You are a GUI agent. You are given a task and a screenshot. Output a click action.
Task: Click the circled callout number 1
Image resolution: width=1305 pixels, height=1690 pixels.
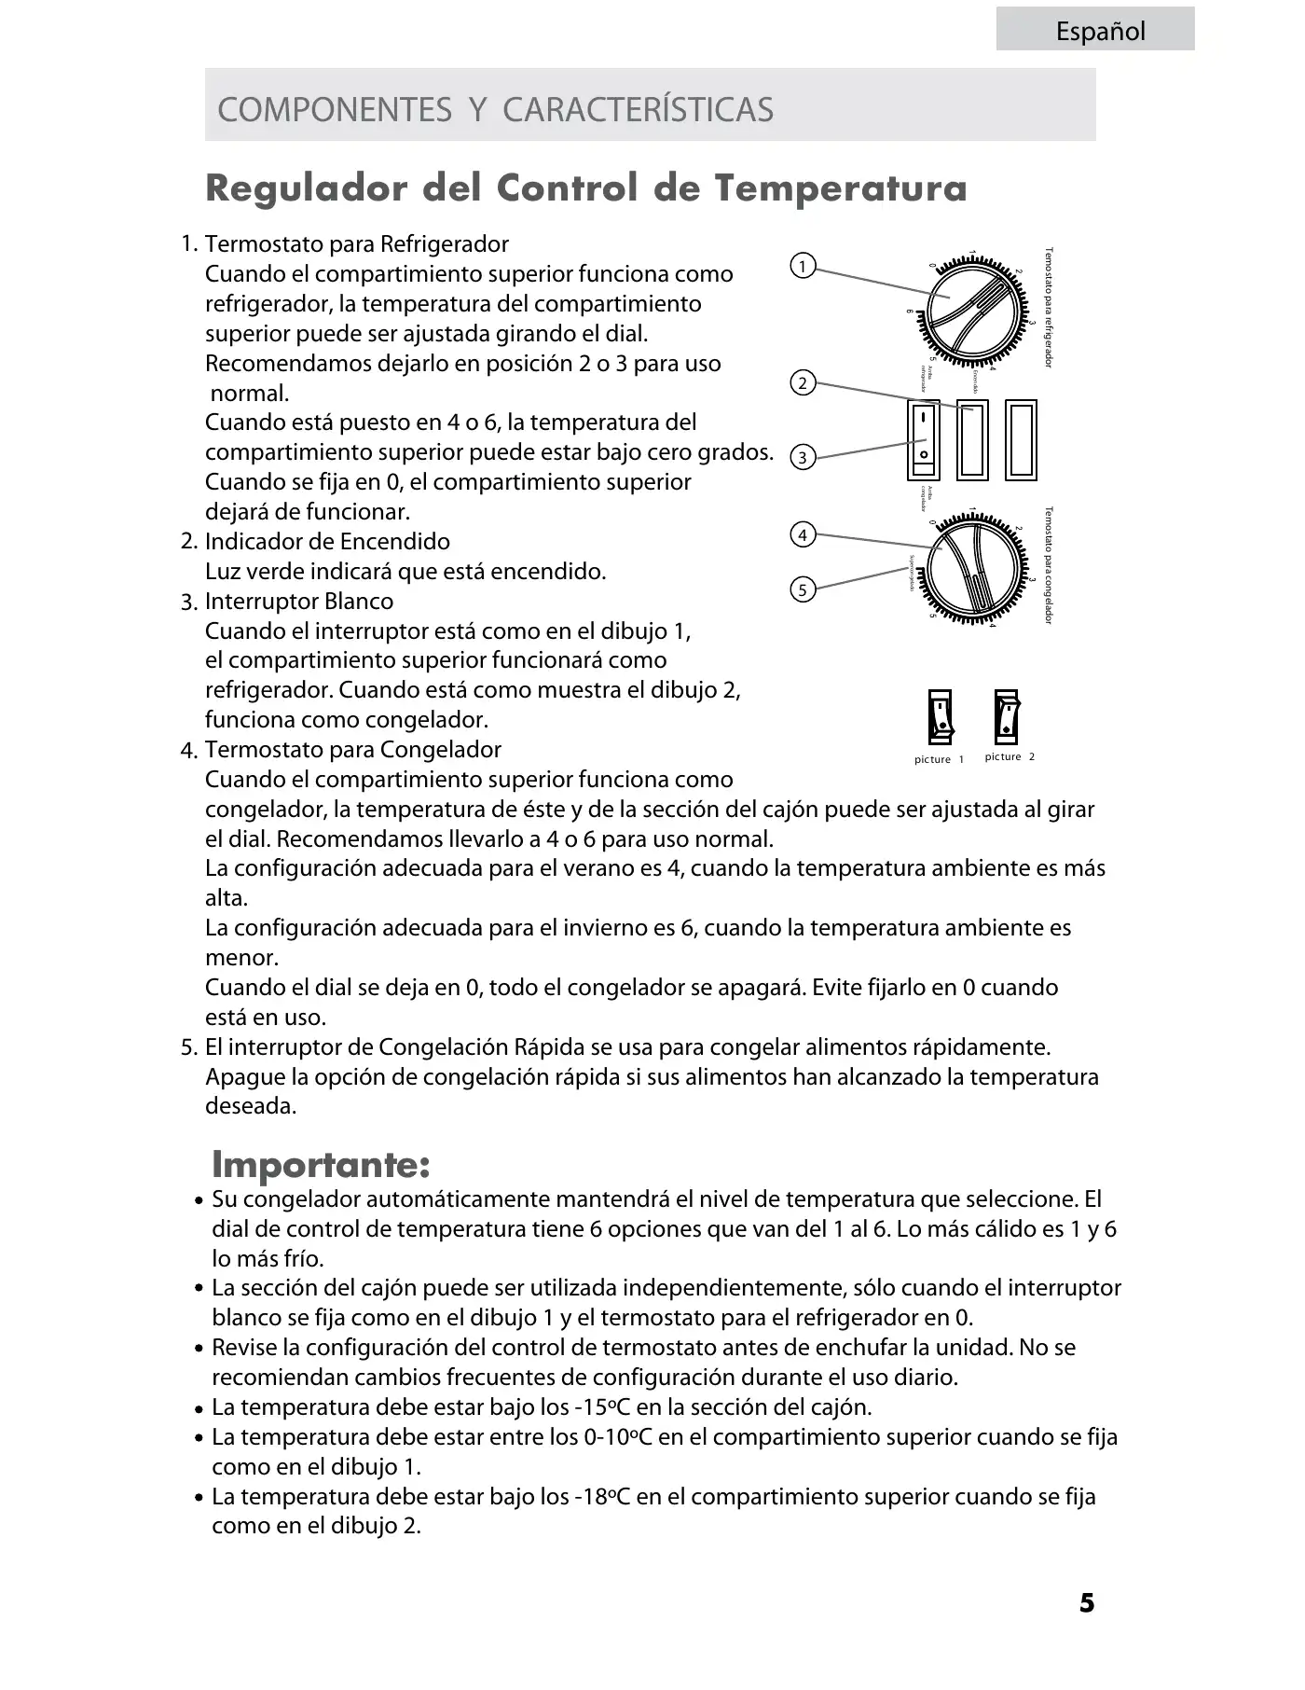(x=803, y=266)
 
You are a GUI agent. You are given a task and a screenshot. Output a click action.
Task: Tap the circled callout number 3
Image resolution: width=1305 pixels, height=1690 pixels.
(x=802, y=457)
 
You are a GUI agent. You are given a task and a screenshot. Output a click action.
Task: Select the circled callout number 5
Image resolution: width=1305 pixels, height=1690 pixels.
(x=802, y=589)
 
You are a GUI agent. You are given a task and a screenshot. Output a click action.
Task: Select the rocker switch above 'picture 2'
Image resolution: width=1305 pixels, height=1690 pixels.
(x=1007, y=716)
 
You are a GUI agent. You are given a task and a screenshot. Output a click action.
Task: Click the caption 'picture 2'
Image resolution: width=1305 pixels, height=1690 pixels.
(x=1010, y=756)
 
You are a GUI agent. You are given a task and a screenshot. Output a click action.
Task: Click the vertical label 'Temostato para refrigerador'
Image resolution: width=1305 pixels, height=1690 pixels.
(x=1049, y=308)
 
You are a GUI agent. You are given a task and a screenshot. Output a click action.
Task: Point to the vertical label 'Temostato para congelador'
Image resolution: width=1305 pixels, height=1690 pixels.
(x=1049, y=565)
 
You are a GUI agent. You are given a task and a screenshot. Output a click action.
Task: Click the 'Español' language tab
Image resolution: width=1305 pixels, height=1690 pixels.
(x=1100, y=32)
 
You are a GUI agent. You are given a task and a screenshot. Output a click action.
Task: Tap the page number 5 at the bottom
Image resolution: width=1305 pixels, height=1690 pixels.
(x=1087, y=1603)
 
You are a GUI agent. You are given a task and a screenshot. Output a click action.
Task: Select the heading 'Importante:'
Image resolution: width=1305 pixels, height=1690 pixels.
(x=321, y=1164)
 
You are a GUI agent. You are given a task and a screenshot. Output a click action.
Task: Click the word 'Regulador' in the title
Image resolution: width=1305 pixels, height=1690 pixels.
(x=306, y=188)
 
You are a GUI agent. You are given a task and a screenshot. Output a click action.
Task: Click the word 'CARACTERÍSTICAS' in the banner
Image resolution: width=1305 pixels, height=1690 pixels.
(x=638, y=109)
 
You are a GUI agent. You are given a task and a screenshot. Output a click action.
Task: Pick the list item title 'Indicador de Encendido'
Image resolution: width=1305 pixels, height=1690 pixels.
(x=327, y=542)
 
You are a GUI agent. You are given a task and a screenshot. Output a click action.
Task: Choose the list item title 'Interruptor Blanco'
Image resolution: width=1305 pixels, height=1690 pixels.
(x=299, y=602)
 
